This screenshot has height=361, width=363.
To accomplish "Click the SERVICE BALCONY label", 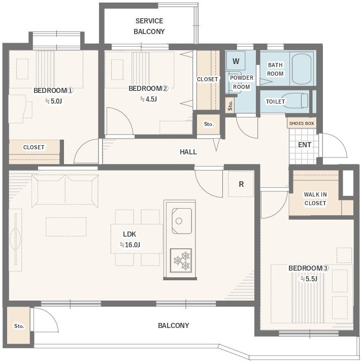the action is click(149, 26).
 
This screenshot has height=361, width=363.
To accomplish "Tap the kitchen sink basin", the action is click(182, 221).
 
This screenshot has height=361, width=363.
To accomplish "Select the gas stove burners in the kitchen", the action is click(181, 260).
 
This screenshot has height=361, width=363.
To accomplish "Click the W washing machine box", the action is click(236, 61).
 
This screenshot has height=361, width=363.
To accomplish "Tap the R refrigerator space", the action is click(241, 184).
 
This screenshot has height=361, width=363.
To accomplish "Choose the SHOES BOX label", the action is click(302, 123).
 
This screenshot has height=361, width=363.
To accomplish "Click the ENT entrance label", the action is click(305, 145).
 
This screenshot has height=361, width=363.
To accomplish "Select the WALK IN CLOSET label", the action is click(315, 199).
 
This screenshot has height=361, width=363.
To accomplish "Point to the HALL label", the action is click(188, 152).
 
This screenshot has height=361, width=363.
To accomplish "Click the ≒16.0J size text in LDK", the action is click(130, 245).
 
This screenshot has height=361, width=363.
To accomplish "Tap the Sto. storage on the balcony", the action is click(18, 325).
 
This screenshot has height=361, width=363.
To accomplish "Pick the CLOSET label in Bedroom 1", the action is click(34, 147).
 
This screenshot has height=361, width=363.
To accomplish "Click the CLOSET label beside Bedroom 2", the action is click(207, 79).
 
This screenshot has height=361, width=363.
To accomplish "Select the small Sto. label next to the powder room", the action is click(230, 106).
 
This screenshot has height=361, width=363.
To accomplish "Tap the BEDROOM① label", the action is click(53, 90).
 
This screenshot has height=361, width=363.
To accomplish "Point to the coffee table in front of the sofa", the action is click(66, 226).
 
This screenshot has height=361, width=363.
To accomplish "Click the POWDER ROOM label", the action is click(242, 82).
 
